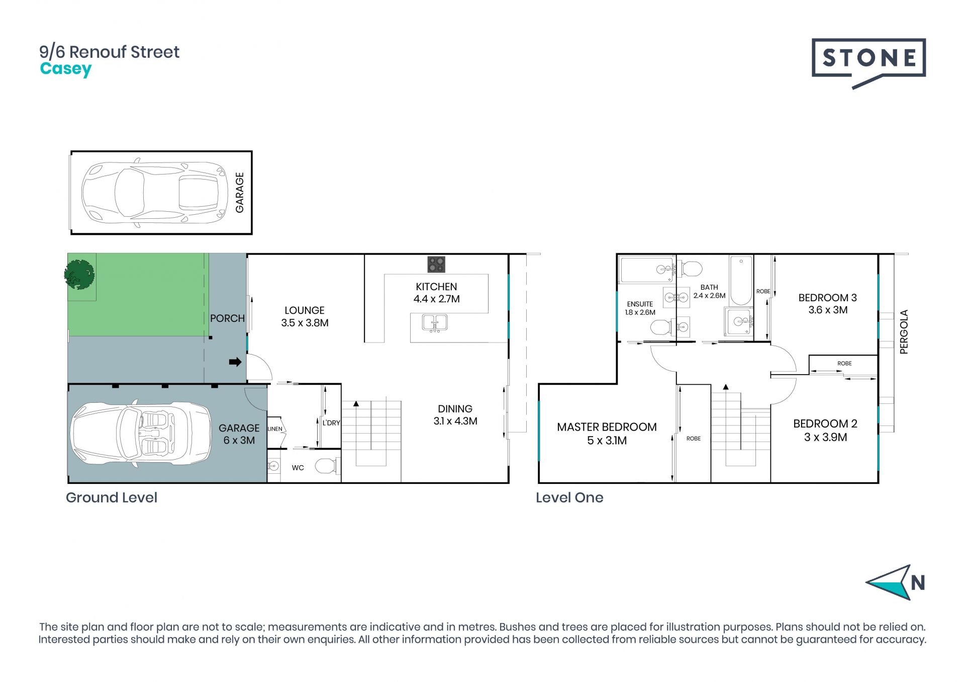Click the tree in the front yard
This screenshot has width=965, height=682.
[79, 275]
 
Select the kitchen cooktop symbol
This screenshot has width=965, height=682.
[436, 264]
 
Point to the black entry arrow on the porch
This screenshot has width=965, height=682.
[235, 362]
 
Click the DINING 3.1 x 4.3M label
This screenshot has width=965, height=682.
[455, 415]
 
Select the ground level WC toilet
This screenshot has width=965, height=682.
[327, 466]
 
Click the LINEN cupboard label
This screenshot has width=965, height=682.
[275, 429]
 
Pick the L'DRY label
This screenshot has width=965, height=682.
[331, 423]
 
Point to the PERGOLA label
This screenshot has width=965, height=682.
[904, 332]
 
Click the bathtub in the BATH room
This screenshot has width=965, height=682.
[741, 280]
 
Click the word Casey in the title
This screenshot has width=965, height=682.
[66, 69]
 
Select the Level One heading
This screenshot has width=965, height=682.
[569, 497]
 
